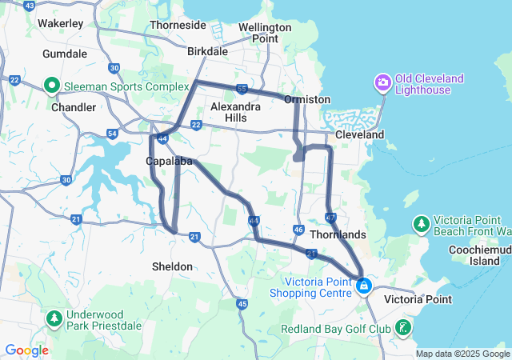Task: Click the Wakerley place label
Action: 60,23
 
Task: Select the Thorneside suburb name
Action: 178,25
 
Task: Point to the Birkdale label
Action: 207,51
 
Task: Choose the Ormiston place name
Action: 307,99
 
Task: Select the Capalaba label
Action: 170,161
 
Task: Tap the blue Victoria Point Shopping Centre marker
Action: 364,285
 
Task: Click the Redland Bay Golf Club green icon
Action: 404,328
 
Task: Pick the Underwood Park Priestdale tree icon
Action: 54,319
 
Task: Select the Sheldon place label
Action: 172,266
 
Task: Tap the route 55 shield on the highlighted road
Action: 241,88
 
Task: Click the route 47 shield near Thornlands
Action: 331,218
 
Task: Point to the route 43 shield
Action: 30,6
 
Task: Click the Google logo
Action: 26,350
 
